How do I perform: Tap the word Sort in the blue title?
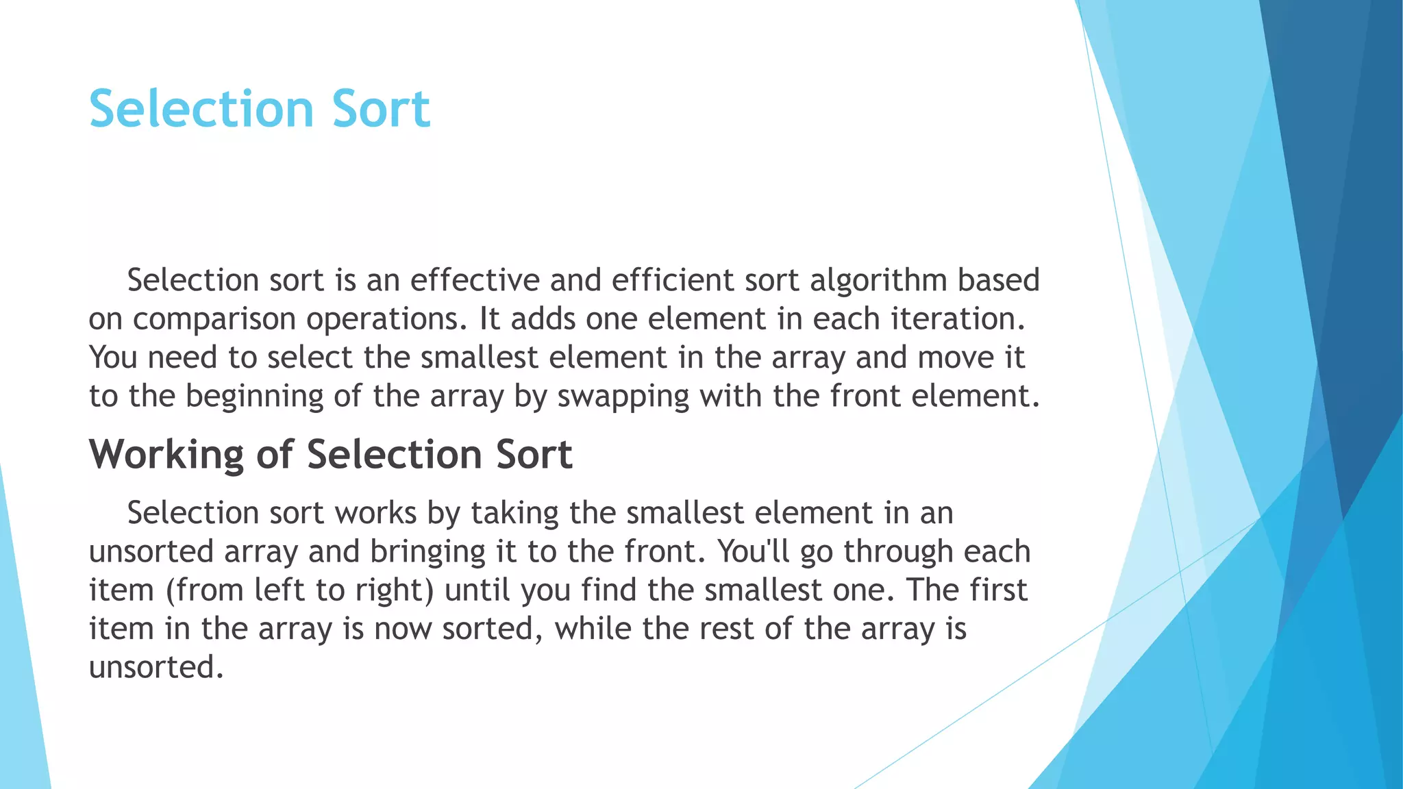[x=381, y=109]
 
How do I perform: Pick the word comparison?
[x=214, y=320]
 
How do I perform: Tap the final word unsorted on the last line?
[x=156, y=667]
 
